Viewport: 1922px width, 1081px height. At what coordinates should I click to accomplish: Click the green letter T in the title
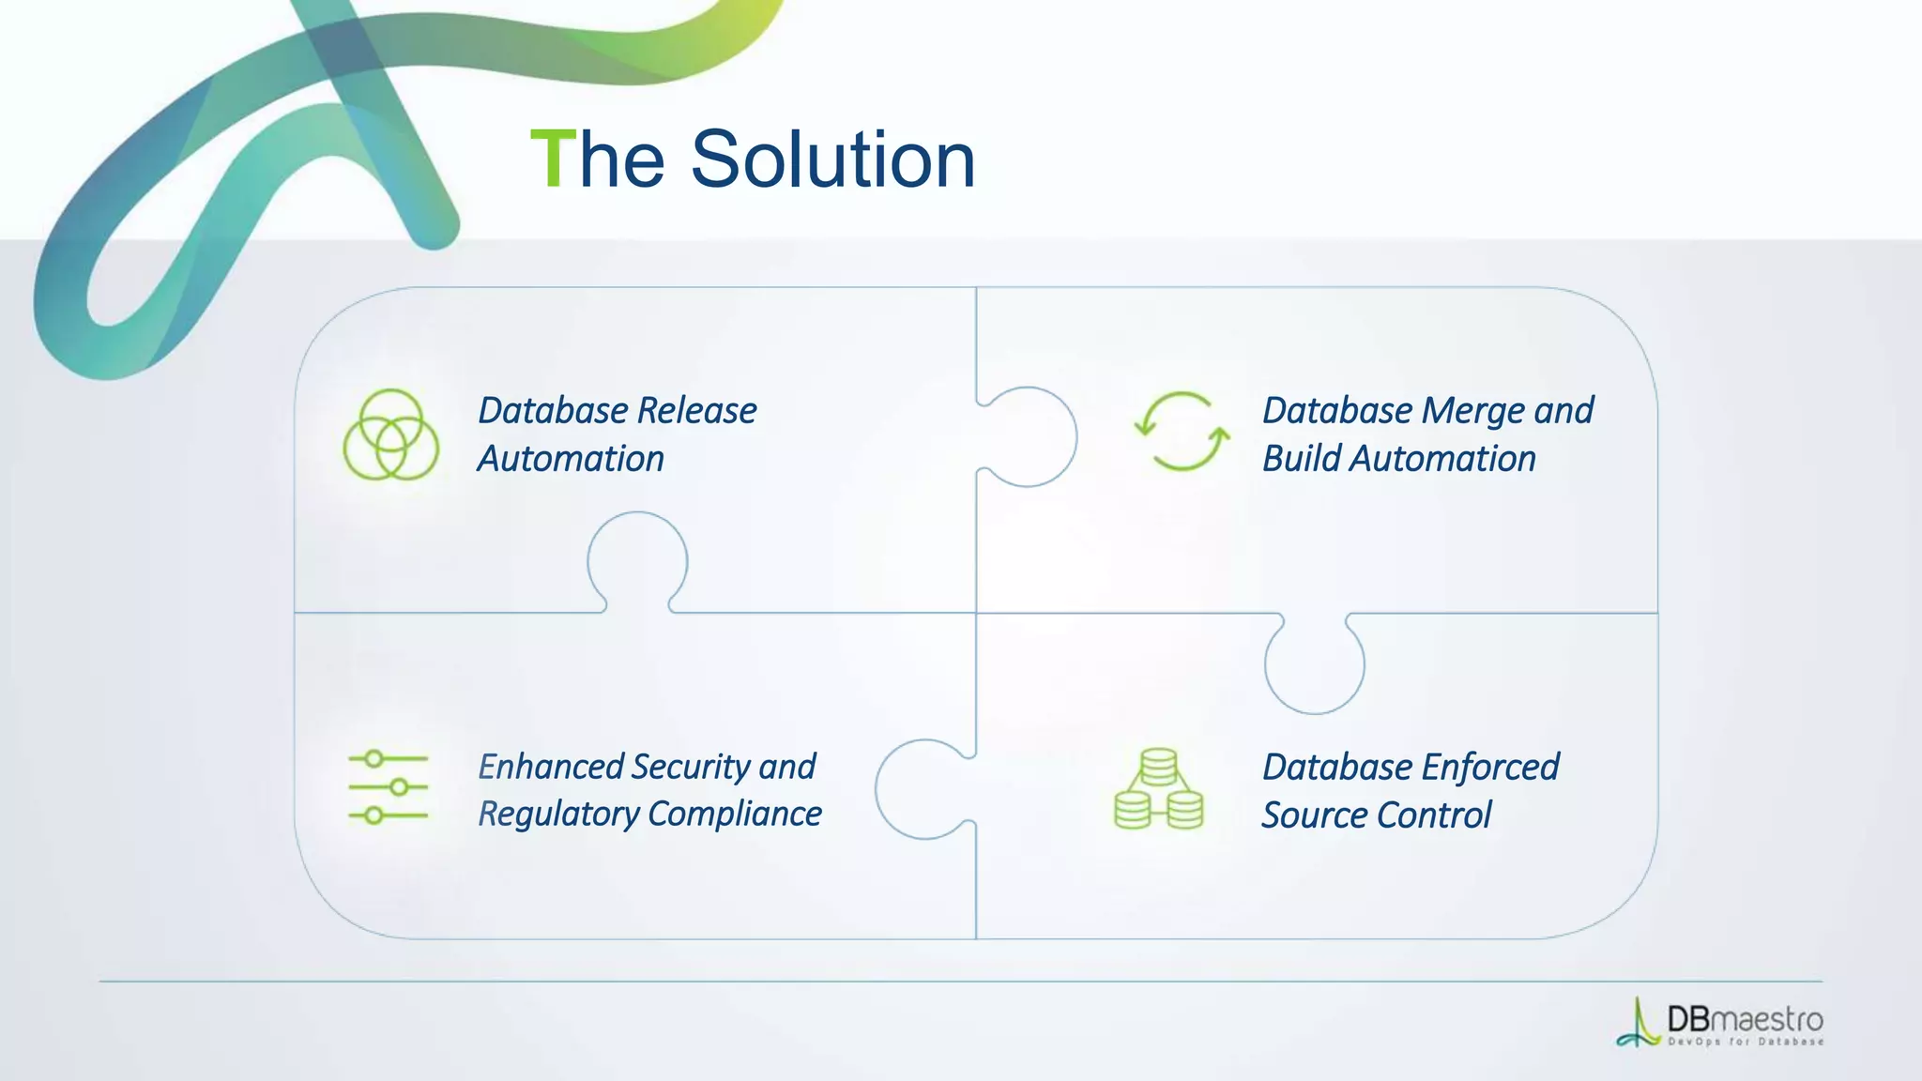(553, 160)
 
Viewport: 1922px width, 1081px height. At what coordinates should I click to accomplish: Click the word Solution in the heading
(832, 160)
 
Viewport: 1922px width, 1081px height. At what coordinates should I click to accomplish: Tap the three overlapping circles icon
(390, 434)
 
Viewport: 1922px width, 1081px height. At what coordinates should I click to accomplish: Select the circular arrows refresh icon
(1182, 432)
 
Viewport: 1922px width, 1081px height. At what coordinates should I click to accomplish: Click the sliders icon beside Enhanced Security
(388, 787)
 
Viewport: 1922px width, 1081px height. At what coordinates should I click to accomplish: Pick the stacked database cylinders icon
(1158, 789)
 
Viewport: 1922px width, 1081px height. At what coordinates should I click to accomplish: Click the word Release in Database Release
(696, 411)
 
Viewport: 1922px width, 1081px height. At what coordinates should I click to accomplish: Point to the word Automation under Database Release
(571, 459)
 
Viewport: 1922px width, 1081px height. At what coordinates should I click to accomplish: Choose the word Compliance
(735, 814)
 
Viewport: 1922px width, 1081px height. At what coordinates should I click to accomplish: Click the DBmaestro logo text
(1745, 1019)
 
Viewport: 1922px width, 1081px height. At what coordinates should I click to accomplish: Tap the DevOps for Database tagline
(1746, 1042)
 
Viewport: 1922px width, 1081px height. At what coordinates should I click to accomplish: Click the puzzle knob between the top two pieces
(1030, 436)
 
